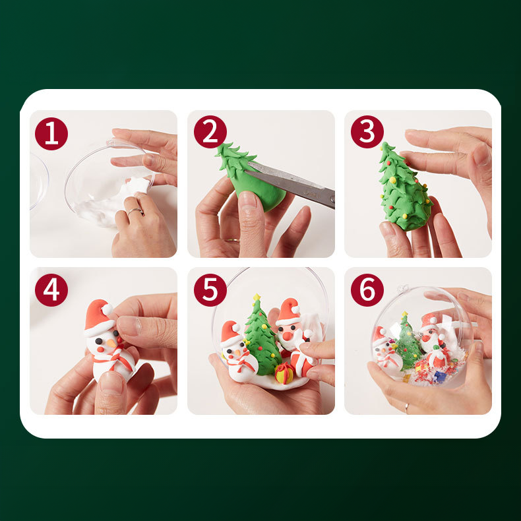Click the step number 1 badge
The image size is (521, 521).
[x=51, y=134]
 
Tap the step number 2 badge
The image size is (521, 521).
[x=210, y=132]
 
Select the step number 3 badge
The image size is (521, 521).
[x=367, y=132]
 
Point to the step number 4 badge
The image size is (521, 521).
[x=51, y=290]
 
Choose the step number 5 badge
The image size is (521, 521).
[x=210, y=290]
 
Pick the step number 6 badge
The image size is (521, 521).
[x=367, y=290]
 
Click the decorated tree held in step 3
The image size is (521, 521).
[x=403, y=187]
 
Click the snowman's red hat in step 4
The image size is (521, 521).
[x=99, y=317]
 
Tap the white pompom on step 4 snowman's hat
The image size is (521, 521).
[x=107, y=310]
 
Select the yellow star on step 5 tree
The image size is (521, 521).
[x=257, y=297]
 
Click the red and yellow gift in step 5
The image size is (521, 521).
[x=284, y=373]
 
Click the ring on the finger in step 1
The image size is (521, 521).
[x=135, y=210]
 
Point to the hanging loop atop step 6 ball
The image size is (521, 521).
[x=404, y=288]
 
